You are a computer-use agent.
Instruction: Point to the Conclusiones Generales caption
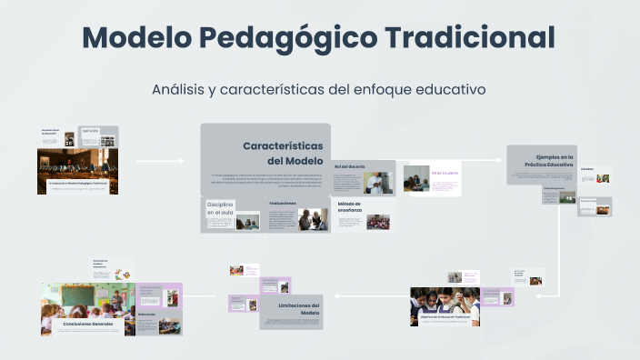(x=87, y=324)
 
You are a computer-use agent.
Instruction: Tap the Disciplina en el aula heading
(x=220, y=208)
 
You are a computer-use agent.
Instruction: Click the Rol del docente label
(x=349, y=166)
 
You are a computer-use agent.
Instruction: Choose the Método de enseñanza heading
(x=349, y=207)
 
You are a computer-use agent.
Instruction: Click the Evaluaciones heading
(x=283, y=203)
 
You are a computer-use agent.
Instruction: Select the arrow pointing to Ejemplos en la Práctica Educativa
(x=473, y=160)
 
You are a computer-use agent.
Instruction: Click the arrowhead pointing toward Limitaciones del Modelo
(x=338, y=295)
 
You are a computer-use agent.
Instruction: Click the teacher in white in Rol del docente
(x=375, y=183)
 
